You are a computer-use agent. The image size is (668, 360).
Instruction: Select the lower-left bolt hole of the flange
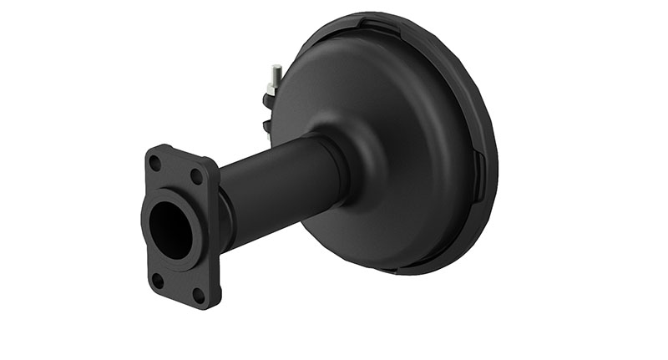(157, 279)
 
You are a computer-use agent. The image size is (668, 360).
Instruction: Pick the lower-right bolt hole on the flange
(198, 294)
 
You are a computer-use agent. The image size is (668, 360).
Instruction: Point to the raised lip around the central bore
(193, 209)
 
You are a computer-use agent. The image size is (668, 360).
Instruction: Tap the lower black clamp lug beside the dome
(267, 126)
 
